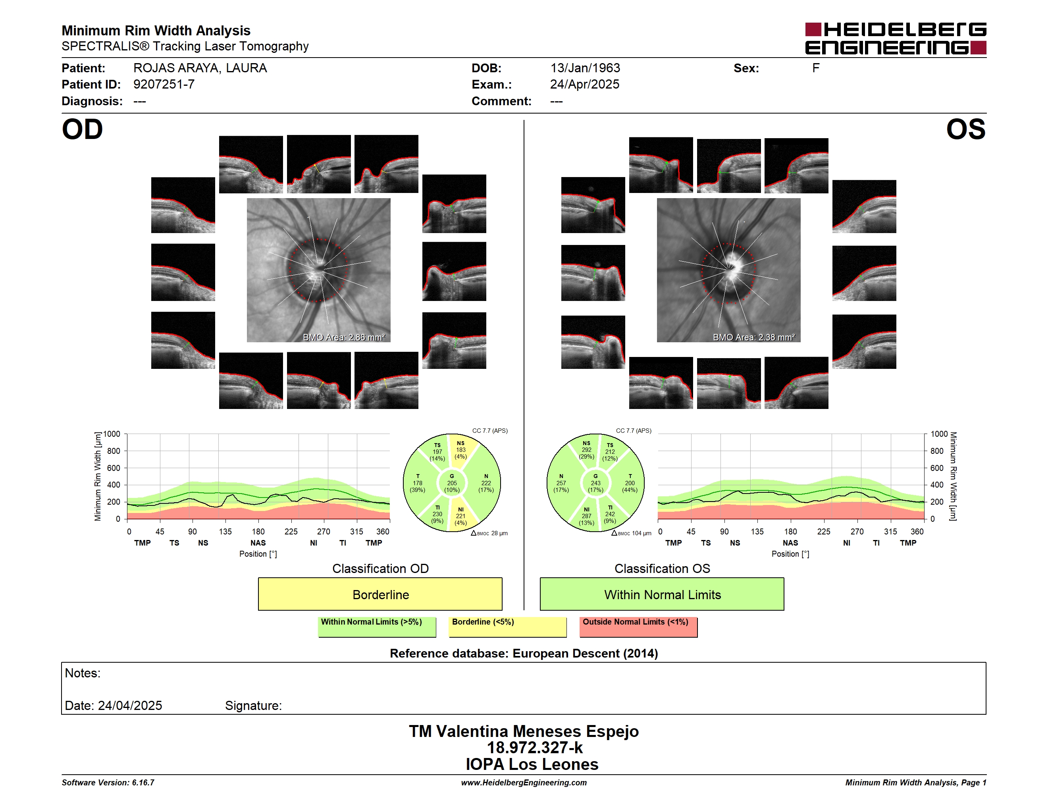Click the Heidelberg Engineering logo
click(896, 39)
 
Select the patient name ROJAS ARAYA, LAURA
click(200, 68)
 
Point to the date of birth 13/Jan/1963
click(585, 68)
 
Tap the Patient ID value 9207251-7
click(164, 85)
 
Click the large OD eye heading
click(83, 129)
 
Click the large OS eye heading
click(965, 129)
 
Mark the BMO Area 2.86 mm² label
click(343, 337)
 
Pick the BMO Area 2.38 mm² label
click(754, 337)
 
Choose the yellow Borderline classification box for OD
click(380, 594)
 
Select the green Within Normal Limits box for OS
click(662, 594)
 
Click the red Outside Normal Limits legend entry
click(638, 627)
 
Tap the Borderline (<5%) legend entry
click(508, 627)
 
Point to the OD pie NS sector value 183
click(460, 450)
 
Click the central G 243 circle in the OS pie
click(595, 483)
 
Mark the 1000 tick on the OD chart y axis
click(112, 434)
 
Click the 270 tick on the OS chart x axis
click(857, 532)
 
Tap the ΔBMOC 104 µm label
click(631, 533)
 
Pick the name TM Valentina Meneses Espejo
click(524, 731)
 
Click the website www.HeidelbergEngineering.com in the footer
click(524, 783)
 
